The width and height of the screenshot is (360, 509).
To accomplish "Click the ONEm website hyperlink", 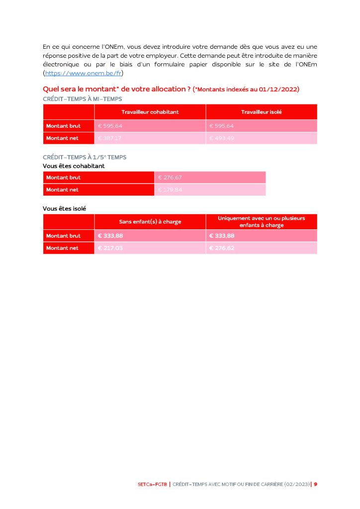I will pyautogui.click(x=84, y=73).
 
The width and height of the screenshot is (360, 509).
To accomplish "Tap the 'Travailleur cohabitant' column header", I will pyautogui.click(x=150, y=112).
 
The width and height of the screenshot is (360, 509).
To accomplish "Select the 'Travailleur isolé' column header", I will pyautogui.click(x=262, y=112).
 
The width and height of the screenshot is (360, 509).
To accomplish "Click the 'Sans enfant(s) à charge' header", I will pyautogui.click(x=150, y=221).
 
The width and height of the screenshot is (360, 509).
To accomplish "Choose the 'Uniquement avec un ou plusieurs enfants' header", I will pyautogui.click(x=262, y=221).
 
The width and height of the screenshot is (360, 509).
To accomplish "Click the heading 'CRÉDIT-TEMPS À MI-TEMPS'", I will pyautogui.click(x=82, y=99).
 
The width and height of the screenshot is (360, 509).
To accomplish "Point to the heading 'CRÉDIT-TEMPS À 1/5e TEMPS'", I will pyautogui.click(x=85, y=157).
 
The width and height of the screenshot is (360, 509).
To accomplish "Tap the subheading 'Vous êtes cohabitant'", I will pyautogui.click(x=74, y=166).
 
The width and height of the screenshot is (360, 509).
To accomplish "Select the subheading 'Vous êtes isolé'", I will pyautogui.click(x=64, y=208).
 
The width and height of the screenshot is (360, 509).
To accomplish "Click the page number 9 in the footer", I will pyautogui.click(x=315, y=484).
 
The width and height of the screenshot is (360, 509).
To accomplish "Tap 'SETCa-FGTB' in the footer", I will pyautogui.click(x=153, y=484).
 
